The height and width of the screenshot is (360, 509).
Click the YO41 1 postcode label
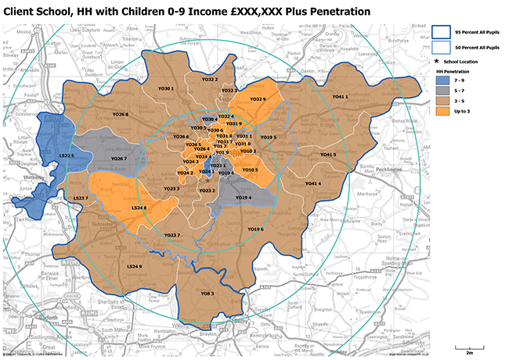pyautogui.click(x=339, y=96)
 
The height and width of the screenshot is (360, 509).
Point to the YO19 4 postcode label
pyautogui.click(x=244, y=198)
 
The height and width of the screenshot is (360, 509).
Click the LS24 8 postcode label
pyautogui.click(x=139, y=207)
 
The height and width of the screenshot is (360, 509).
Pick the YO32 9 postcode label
pyautogui.click(x=258, y=99)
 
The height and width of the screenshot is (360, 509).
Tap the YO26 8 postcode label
pyautogui.click(x=120, y=113)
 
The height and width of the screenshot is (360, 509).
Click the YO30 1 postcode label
pyautogui.click(x=166, y=88)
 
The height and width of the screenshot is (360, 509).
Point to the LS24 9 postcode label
pyautogui.click(x=134, y=267)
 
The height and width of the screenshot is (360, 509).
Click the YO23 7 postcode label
pyautogui.click(x=172, y=235)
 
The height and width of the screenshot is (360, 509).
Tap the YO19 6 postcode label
pyautogui.click(x=255, y=229)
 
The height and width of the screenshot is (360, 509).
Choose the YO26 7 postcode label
pyautogui.click(x=118, y=159)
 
